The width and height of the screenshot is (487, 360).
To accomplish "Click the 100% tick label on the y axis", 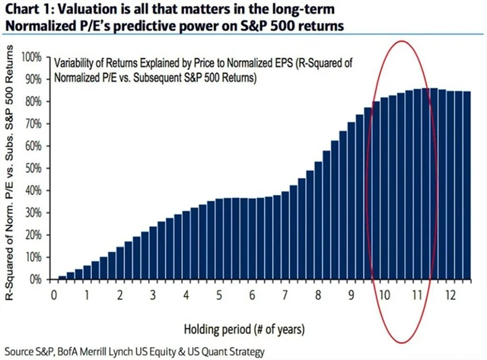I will click(31, 57).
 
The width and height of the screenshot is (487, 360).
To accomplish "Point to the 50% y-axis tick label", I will click(33, 168).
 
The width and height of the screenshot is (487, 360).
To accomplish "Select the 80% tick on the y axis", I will click(33, 101).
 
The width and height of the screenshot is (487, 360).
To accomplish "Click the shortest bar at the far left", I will click(62, 277).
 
